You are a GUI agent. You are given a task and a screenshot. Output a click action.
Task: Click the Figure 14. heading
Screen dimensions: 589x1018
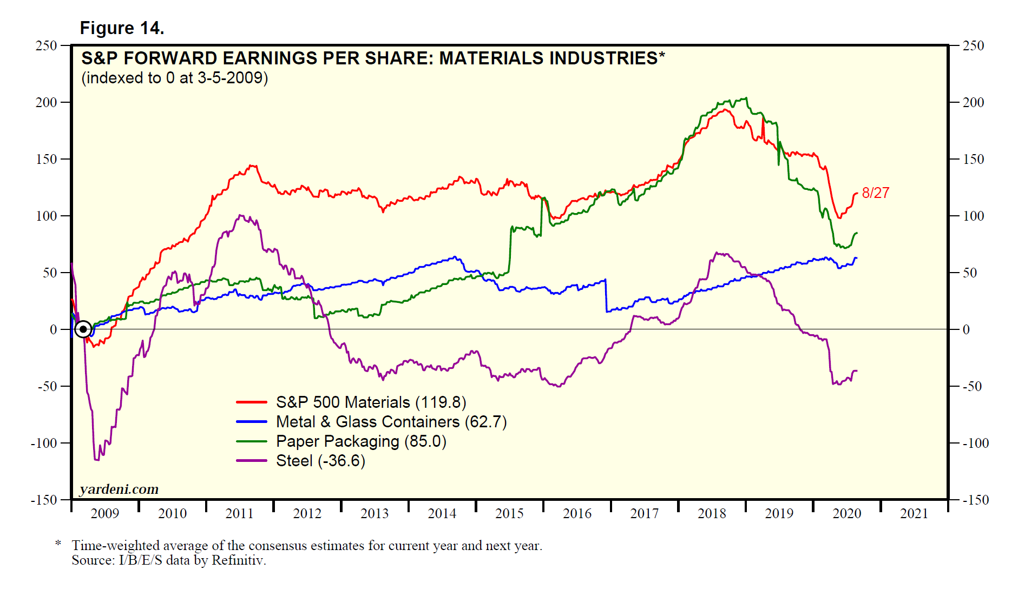(122, 28)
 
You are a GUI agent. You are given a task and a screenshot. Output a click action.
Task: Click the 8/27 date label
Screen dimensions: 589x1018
(875, 193)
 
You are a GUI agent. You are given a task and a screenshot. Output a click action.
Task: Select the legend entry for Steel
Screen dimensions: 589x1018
(320, 461)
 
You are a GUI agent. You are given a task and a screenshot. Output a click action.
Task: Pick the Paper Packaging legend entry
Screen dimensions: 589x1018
(361, 441)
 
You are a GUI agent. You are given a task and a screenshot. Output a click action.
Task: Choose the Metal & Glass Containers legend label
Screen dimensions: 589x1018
(391, 422)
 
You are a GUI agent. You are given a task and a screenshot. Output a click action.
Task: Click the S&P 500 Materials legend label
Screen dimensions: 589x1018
(371, 402)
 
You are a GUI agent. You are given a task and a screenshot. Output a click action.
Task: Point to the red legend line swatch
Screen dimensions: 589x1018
(252, 402)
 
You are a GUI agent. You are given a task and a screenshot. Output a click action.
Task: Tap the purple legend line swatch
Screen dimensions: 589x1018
(252, 461)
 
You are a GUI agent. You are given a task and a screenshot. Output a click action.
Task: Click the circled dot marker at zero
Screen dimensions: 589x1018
(83, 329)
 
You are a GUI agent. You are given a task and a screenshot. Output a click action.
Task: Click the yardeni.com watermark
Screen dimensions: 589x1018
(119, 489)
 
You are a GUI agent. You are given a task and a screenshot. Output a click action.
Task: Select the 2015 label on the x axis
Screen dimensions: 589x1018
(509, 514)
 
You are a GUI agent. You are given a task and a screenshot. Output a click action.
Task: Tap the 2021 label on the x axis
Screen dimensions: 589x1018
(914, 514)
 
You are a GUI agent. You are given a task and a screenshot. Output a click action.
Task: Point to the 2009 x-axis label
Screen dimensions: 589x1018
(104, 514)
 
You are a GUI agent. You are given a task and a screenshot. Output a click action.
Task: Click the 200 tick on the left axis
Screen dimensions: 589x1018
(47, 102)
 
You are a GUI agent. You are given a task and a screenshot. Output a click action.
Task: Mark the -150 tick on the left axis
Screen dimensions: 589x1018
(44, 500)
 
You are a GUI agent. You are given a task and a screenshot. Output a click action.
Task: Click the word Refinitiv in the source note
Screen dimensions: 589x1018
(238, 560)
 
